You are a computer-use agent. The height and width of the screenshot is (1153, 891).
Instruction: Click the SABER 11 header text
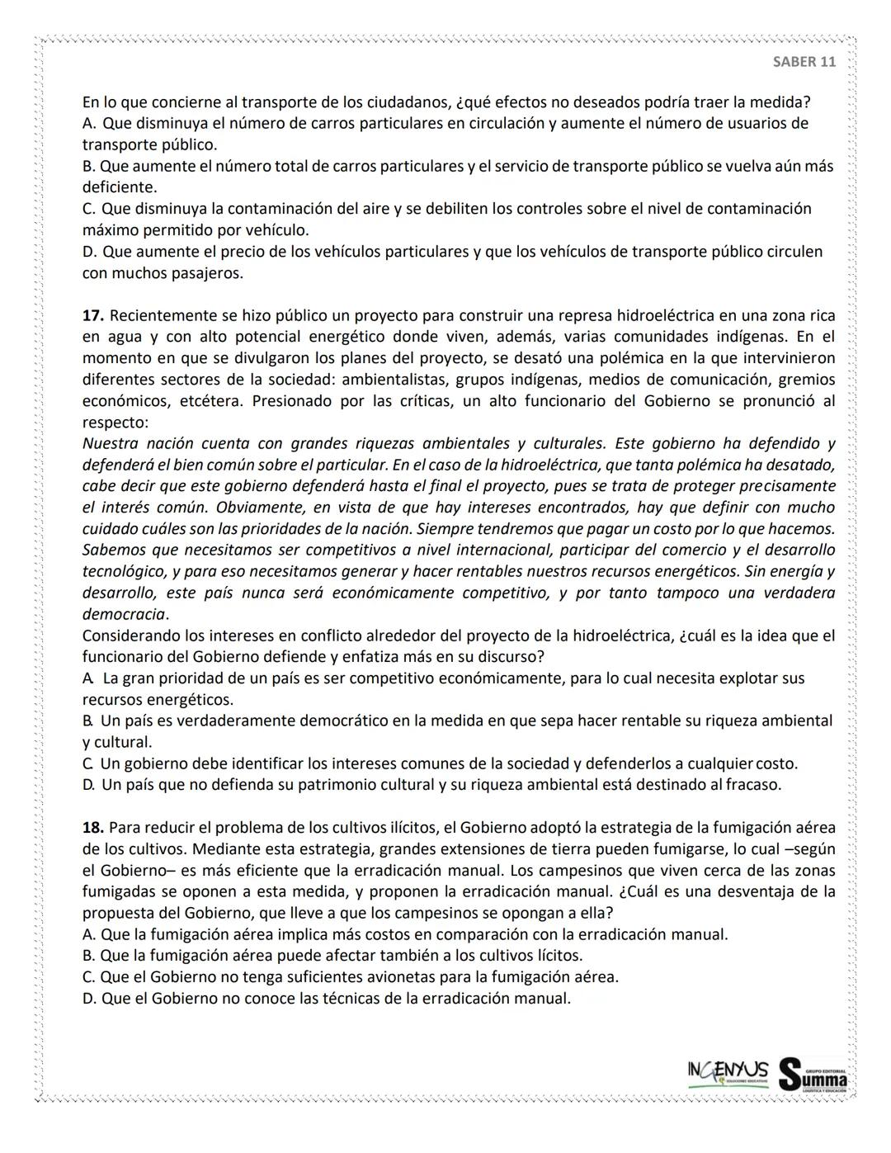point(804,62)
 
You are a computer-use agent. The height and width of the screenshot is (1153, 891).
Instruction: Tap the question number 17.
point(92,315)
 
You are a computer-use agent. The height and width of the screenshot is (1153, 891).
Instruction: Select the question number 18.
point(92,827)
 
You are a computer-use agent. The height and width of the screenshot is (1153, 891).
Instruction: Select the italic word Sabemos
point(114,551)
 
